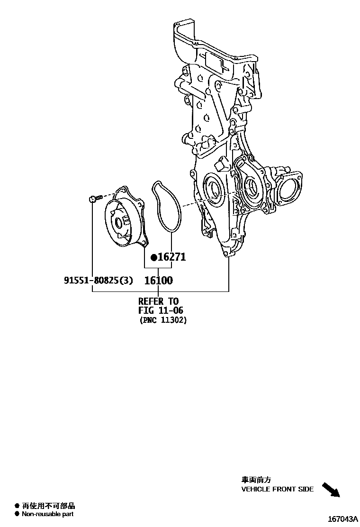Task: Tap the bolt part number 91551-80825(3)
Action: click(99, 281)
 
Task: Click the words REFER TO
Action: click(158, 301)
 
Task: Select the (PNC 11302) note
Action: click(163, 320)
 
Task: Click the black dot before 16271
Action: click(153, 258)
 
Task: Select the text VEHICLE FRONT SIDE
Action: click(277, 489)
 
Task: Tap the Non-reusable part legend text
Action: click(47, 514)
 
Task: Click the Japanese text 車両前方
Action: click(256, 480)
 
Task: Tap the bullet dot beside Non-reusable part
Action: click(17, 514)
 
